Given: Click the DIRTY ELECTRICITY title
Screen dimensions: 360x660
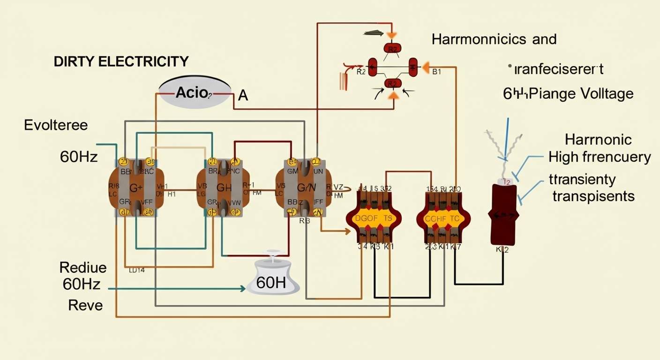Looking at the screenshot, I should click(x=121, y=61).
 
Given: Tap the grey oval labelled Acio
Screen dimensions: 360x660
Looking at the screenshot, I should click(x=195, y=92).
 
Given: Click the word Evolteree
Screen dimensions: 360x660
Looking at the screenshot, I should click(x=56, y=125).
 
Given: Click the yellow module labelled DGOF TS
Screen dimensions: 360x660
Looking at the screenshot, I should click(x=374, y=219).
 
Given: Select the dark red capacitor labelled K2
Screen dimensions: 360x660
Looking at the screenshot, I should click(x=504, y=215).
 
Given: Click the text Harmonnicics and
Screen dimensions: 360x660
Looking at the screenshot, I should click(x=494, y=39).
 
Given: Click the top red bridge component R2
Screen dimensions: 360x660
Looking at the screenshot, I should click(x=393, y=48).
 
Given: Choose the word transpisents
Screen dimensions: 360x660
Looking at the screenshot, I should click(x=593, y=195).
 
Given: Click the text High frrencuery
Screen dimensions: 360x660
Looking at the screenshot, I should click(x=600, y=157).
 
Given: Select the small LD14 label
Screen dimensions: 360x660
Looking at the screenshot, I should click(x=136, y=270).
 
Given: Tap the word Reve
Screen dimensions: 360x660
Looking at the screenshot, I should click(x=85, y=306).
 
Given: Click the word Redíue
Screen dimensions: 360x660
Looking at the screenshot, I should click(x=83, y=268).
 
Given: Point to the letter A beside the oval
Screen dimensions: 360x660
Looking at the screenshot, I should click(x=243, y=96).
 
